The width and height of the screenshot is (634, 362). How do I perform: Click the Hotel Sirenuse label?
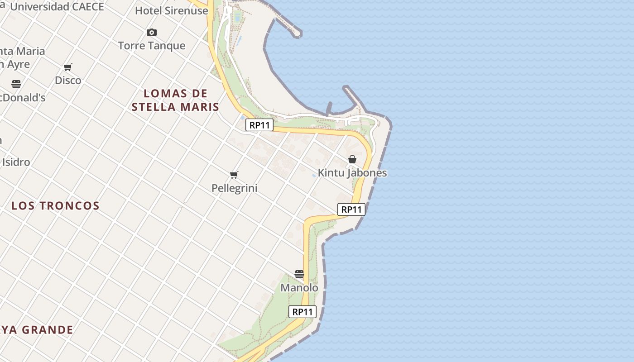(171, 11)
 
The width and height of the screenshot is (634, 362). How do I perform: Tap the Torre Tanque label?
(152, 46)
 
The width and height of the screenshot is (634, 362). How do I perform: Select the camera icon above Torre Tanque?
(152, 32)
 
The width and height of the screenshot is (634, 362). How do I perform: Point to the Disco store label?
(68, 81)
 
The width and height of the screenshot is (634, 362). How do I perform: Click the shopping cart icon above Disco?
(68, 67)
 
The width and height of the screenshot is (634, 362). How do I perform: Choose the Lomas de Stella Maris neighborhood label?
(175, 100)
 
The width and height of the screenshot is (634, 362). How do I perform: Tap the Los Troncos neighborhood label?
(55, 206)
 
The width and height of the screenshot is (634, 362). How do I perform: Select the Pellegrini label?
(234, 188)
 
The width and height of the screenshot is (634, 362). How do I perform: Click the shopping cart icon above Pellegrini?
(234, 175)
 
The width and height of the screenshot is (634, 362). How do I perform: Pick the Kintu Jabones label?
(352, 173)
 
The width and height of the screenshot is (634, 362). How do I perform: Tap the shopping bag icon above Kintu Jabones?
(352, 159)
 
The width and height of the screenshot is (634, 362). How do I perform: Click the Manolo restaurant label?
(299, 288)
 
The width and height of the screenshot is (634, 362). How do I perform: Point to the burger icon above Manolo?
(299, 274)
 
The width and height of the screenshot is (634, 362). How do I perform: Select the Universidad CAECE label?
(57, 7)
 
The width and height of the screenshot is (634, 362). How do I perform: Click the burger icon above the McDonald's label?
(16, 84)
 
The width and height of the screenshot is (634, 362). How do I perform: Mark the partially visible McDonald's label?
(23, 98)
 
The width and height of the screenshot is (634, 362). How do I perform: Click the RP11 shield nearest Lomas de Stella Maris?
(259, 125)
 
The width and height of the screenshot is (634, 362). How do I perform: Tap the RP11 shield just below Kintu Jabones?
(351, 210)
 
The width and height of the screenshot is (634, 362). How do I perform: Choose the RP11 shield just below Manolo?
(303, 312)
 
